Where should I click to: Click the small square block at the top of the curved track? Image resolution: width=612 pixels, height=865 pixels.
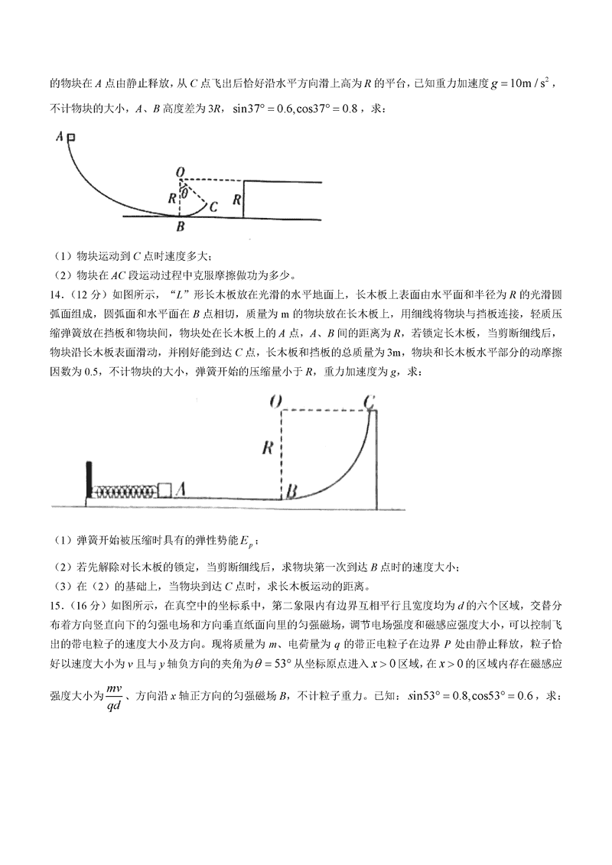click(x=71, y=138)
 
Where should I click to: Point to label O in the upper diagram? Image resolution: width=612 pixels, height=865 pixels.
click(x=180, y=173)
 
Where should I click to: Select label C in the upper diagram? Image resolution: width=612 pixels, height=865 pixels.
click(x=213, y=206)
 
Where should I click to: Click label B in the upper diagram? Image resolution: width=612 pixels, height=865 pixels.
click(x=180, y=227)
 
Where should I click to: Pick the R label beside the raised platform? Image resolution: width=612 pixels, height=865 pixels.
click(x=237, y=200)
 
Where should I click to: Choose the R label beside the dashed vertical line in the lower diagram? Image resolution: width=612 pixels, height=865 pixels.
click(x=267, y=448)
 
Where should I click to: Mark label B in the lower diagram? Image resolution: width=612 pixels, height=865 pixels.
click(x=291, y=491)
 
